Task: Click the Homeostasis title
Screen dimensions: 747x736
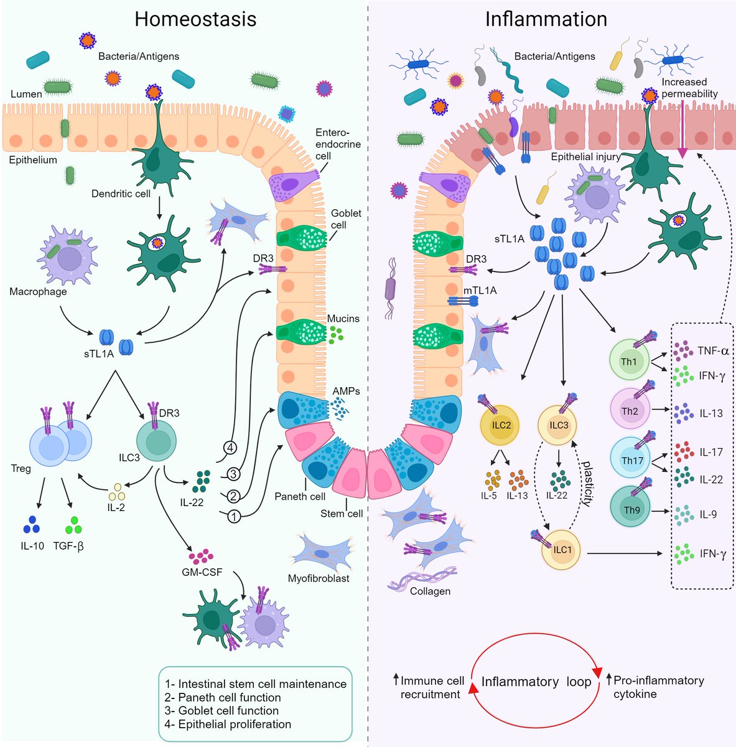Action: pos(195,19)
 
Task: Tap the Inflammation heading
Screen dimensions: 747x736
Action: pos(546,19)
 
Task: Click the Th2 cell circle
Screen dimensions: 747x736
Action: pos(631,411)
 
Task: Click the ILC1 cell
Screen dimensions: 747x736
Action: pos(562,550)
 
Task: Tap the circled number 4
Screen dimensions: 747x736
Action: pos(231,447)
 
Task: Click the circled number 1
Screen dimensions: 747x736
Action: pos(233,515)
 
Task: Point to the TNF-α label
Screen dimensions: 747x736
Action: pos(713,350)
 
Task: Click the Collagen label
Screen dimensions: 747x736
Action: pos(430,591)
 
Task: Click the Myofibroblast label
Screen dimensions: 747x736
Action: pos(319,578)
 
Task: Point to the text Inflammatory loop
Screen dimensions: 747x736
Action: pos(536,682)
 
